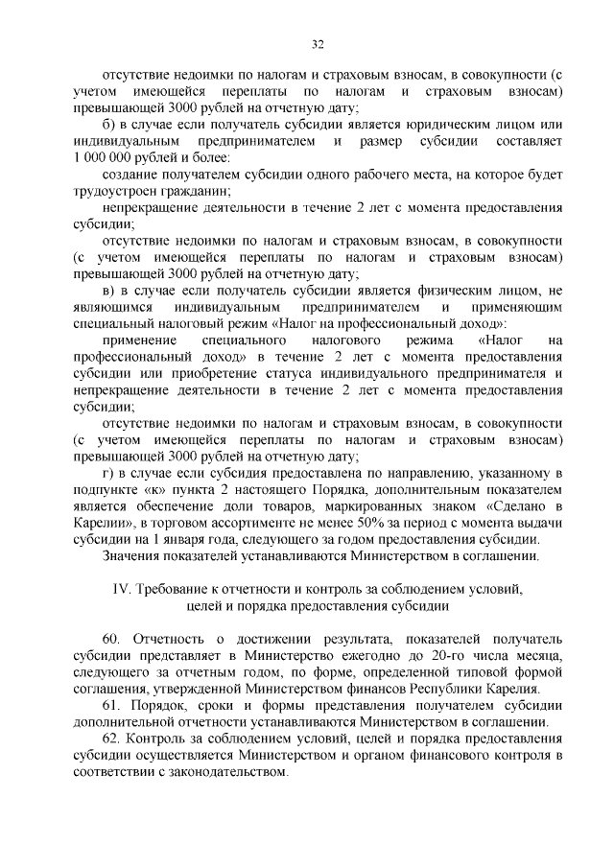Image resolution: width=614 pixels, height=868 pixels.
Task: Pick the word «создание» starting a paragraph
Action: (130, 174)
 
